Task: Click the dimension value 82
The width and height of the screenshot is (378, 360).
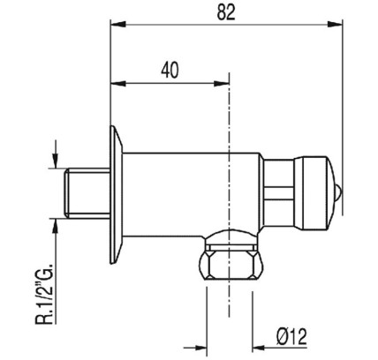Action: [x=226, y=13]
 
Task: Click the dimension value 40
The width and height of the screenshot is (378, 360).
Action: [x=170, y=71]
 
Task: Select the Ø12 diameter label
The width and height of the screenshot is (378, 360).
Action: [x=291, y=337]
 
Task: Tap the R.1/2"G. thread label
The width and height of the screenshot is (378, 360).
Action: [x=44, y=293]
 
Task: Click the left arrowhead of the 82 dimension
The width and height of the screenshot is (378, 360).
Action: [x=117, y=24]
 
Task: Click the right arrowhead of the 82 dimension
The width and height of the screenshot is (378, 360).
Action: [x=335, y=24]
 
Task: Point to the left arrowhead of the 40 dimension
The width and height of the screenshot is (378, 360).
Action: [x=117, y=84]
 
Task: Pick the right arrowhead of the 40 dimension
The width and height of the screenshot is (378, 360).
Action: [x=222, y=84]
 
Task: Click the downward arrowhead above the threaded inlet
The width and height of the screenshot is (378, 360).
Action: [x=56, y=161]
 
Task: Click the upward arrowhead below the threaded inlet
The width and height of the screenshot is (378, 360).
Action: [x=56, y=226]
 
